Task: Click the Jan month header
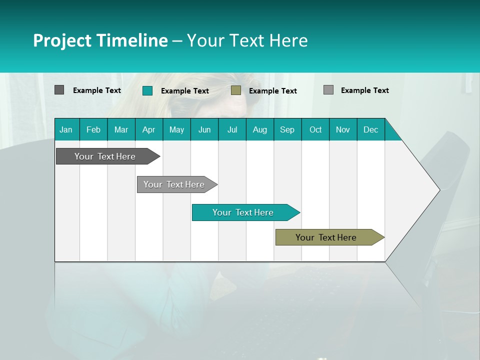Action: pos(66,129)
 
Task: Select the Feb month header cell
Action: pos(93,129)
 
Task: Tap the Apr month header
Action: pos(148,129)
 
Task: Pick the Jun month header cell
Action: pos(204,129)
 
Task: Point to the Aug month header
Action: pos(259,129)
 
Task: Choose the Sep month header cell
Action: pos(287,129)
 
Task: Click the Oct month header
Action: pos(315,129)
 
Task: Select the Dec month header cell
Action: pos(370,129)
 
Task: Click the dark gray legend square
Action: pos(59,90)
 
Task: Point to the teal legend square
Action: pos(147,90)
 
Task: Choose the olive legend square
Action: pos(236,90)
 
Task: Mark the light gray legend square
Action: pos(328,90)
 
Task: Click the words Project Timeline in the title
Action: pos(100,40)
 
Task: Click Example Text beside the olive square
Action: pos(273,91)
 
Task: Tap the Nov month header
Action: pos(343,129)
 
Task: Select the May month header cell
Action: pos(176,129)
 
